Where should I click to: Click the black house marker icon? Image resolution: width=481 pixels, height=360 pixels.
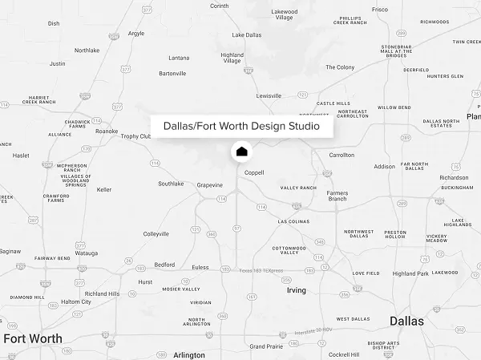241,151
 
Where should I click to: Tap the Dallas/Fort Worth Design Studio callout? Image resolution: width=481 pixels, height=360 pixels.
241,127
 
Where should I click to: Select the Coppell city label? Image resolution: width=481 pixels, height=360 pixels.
254,172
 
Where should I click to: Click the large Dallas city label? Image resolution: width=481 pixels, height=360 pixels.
406,321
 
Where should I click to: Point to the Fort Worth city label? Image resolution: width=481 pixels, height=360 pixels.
32,338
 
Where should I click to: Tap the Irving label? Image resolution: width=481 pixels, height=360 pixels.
296,290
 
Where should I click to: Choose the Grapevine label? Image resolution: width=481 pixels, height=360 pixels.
209,185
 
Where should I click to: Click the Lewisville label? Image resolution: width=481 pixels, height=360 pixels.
269,95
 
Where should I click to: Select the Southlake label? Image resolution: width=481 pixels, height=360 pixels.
171,184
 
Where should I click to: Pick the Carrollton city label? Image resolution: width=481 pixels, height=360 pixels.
342,155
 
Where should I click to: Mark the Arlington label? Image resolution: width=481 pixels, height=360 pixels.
189,354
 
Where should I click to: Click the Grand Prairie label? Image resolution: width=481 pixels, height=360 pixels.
266,346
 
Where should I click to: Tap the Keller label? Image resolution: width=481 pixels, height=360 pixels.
104,190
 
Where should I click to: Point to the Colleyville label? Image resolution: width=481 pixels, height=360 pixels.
156,234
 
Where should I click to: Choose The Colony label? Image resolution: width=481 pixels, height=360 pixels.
340,67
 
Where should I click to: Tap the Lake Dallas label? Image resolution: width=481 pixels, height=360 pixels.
247,35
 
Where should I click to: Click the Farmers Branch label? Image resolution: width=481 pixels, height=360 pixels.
337,196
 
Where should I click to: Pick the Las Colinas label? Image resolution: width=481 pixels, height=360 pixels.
293,221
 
